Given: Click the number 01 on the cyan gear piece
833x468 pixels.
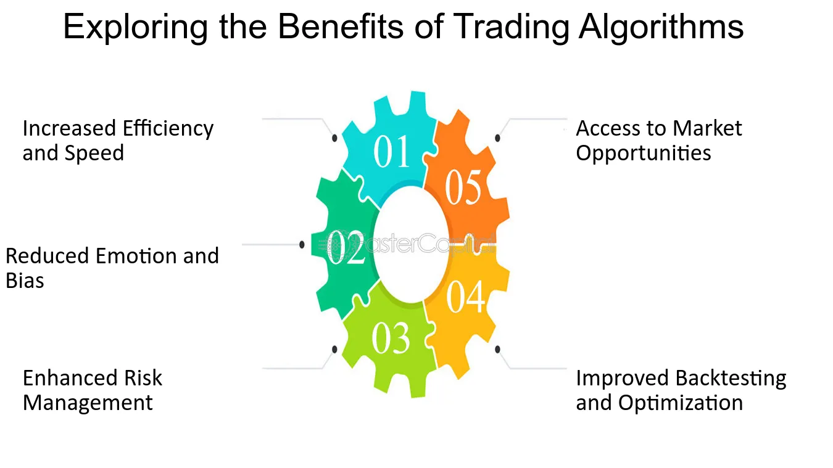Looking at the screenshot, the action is tap(392, 151).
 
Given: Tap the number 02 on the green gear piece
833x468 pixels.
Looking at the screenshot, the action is tap(346, 247).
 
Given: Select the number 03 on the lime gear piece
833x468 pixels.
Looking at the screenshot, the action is tap(391, 337).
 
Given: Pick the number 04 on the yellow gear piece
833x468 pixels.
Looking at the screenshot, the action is tap(466, 296).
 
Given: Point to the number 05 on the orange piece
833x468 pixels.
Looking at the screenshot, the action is tap(463, 187).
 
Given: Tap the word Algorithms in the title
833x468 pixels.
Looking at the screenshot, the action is tap(661, 27).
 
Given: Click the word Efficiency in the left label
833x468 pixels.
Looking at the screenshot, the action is tap(168, 129).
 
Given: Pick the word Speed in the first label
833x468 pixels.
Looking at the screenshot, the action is tap(94, 153).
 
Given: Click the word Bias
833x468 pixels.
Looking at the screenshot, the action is tap(25, 281).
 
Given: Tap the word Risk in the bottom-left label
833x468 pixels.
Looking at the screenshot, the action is tap(143, 378).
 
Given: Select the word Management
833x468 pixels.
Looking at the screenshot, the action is tap(88, 403).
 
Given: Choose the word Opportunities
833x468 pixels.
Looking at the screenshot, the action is tap(644, 153).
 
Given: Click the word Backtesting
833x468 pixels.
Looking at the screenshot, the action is tap(731, 379).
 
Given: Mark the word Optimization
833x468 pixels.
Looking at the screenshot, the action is tap(681, 403).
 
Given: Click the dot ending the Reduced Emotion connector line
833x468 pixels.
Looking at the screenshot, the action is tap(302, 245).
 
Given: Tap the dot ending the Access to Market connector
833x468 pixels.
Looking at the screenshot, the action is tap(497, 138).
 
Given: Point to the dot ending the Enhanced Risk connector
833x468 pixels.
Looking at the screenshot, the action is tap(334, 350).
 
